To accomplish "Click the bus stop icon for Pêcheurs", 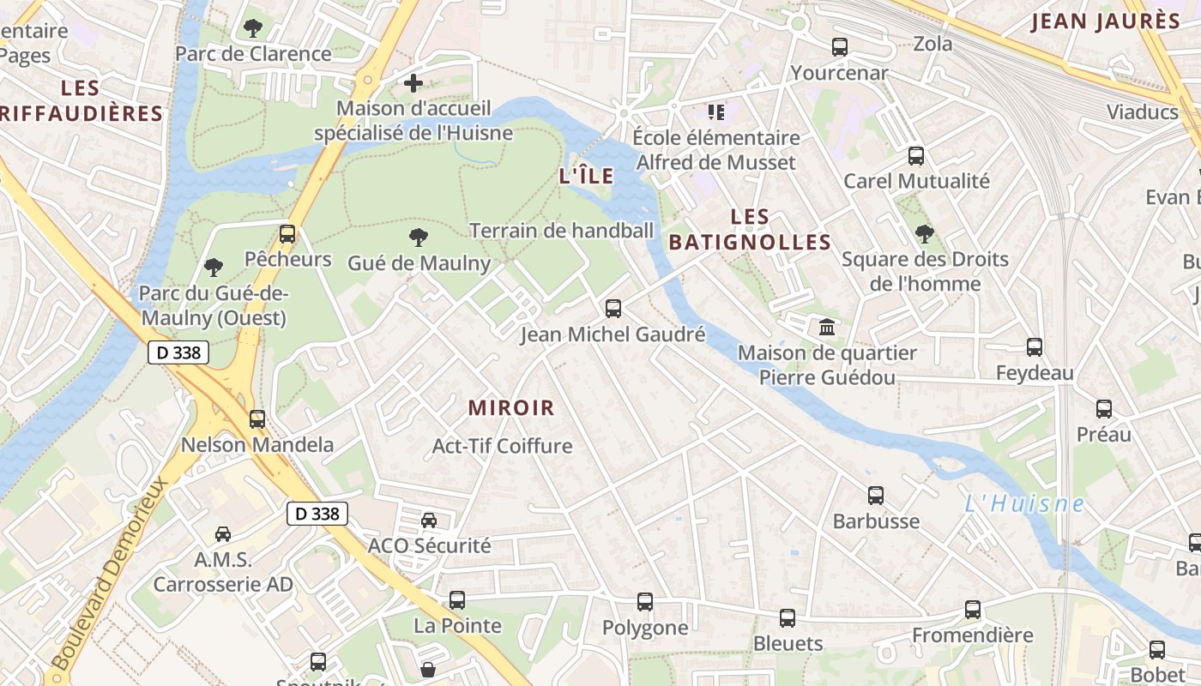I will click(287, 234).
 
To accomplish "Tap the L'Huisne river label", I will click(1023, 504).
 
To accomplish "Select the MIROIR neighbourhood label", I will click(511, 408).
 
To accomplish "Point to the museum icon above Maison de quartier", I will click(827, 327).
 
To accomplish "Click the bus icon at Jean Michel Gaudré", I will click(613, 309).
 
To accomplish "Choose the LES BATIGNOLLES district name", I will click(751, 230).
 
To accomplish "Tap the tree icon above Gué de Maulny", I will click(419, 238).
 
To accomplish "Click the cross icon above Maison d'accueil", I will click(413, 83).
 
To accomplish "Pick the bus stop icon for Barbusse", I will click(875, 496).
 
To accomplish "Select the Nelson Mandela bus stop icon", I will click(256, 419).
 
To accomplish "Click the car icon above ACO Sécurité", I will click(429, 520).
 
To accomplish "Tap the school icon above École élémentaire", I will click(715, 111).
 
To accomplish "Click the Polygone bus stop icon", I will click(645, 602).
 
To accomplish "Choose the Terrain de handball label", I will click(561, 230).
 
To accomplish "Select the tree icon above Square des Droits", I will click(924, 233).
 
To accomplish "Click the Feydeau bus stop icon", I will click(1035, 347).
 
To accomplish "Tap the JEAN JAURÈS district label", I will click(1105, 21).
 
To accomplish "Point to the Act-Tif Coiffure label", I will click(502, 446).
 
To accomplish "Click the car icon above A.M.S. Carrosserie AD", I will click(223, 534).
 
